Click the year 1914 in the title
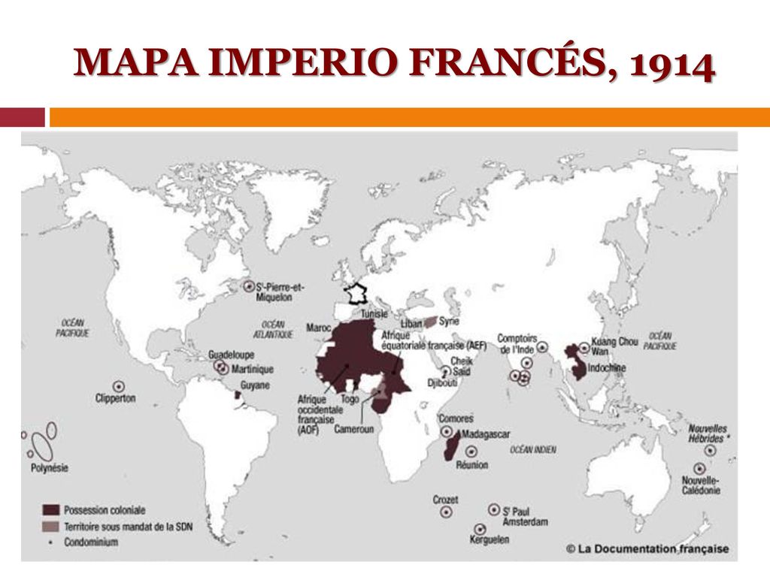[x=672, y=65]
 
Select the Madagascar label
[x=486, y=434]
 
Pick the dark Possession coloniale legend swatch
[x=51, y=510]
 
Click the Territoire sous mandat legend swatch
[x=51, y=526]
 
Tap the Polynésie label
[x=50, y=467]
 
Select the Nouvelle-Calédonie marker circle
[x=699, y=469]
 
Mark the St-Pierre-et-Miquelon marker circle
[x=249, y=285]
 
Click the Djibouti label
[x=441, y=382]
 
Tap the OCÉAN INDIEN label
[x=533, y=449]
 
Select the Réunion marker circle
[x=471, y=452]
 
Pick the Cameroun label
[x=353, y=429]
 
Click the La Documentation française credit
[x=647, y=549]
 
